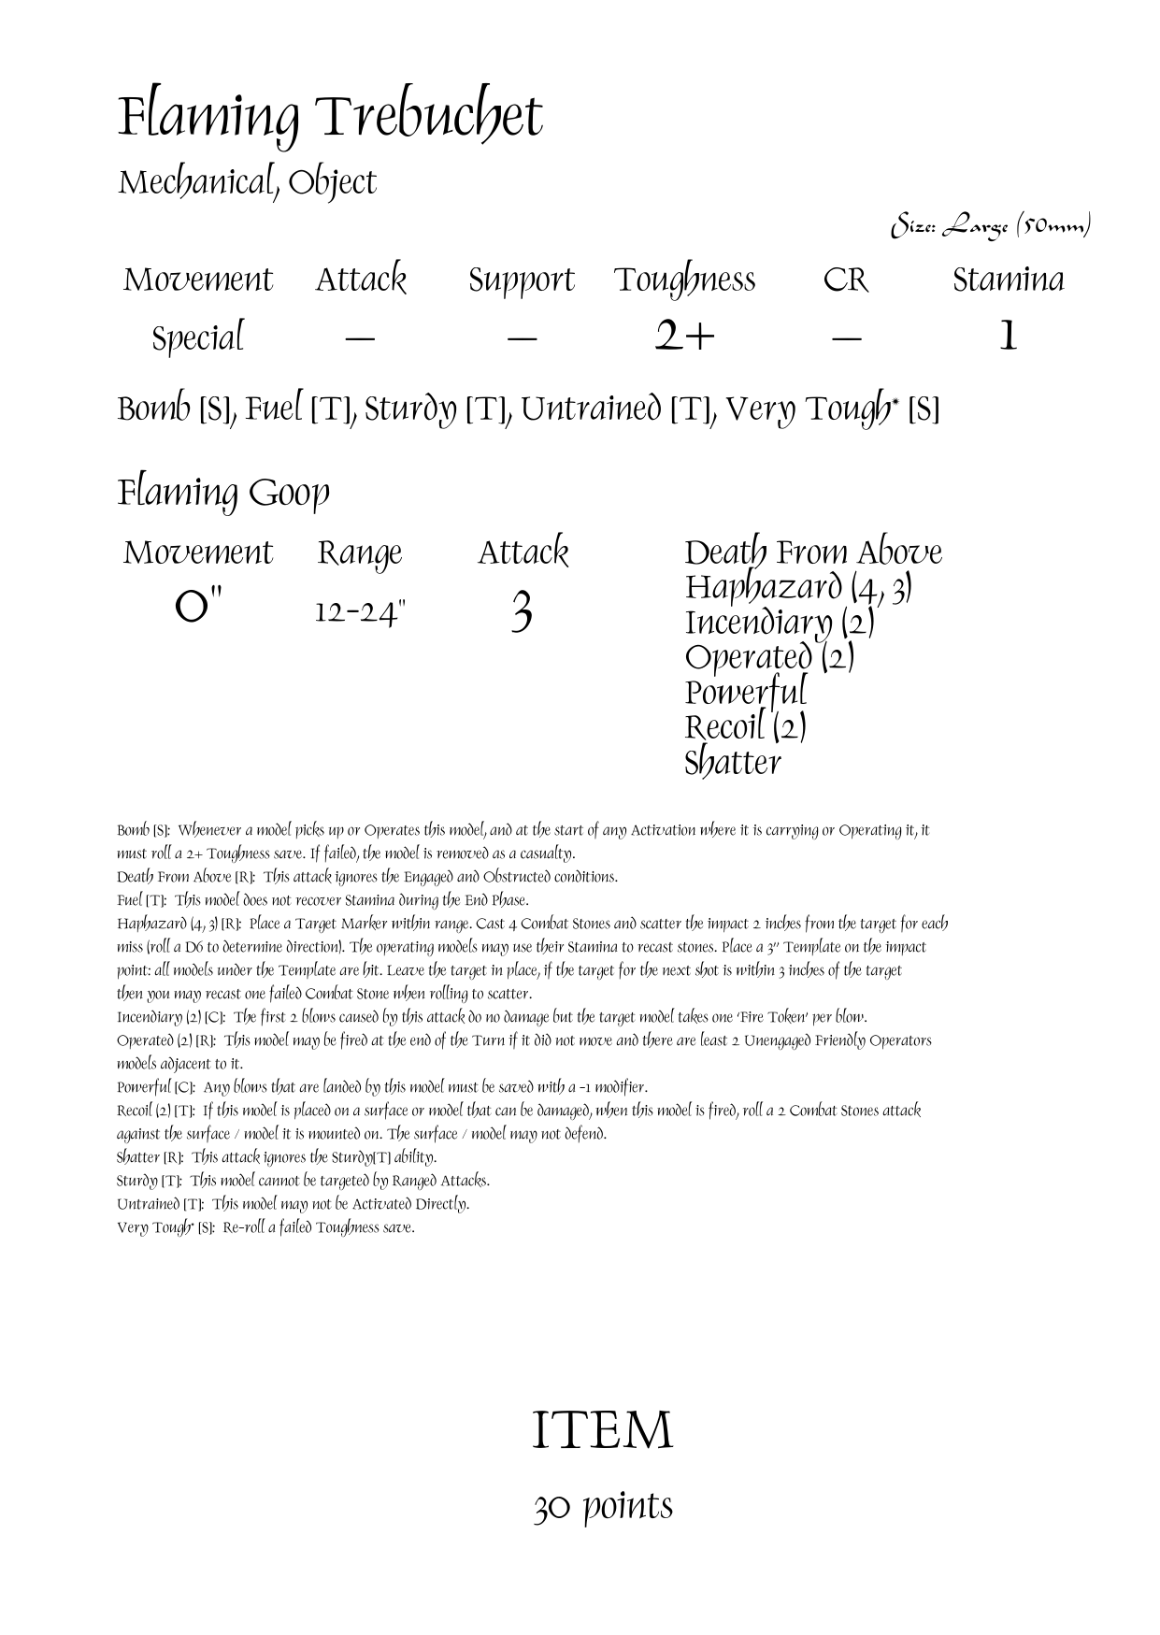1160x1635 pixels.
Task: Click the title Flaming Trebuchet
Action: (329, 119)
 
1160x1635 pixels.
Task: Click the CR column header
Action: (845, 280)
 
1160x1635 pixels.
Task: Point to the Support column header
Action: (521, 280)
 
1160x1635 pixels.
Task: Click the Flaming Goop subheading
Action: (223, 493)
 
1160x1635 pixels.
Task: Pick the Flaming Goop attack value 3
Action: (523, 613)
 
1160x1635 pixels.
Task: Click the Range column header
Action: (359, 553)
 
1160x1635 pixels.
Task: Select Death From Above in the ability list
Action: (812, 552)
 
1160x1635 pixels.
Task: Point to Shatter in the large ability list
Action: (732, 763)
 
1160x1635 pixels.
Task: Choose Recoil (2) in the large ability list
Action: (745, 727)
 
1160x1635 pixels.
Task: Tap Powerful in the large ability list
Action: (745, 693)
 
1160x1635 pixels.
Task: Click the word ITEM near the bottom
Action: (602, 1431)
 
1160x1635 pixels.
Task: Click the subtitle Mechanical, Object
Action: (247, 182)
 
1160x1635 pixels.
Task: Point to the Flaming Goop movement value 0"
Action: (198, 612)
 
